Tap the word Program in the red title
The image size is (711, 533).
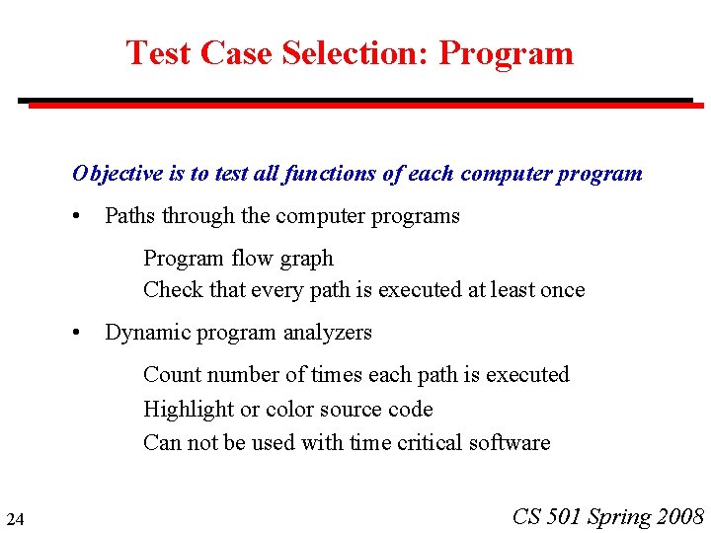pos(506,53)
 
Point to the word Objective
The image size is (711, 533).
pos(118,174)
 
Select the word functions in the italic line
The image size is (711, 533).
pos(330,174)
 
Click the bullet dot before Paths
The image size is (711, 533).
pos(77,216)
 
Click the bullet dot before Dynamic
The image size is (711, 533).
pos(77,333)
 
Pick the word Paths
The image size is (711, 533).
pos(129,216)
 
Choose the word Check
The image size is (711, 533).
pos(169,290)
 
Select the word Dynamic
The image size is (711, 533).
pos(144,333)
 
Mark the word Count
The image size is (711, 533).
pos(170,375)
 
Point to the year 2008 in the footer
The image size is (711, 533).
pos(680,516)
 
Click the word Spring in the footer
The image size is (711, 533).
pos(620,516)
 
